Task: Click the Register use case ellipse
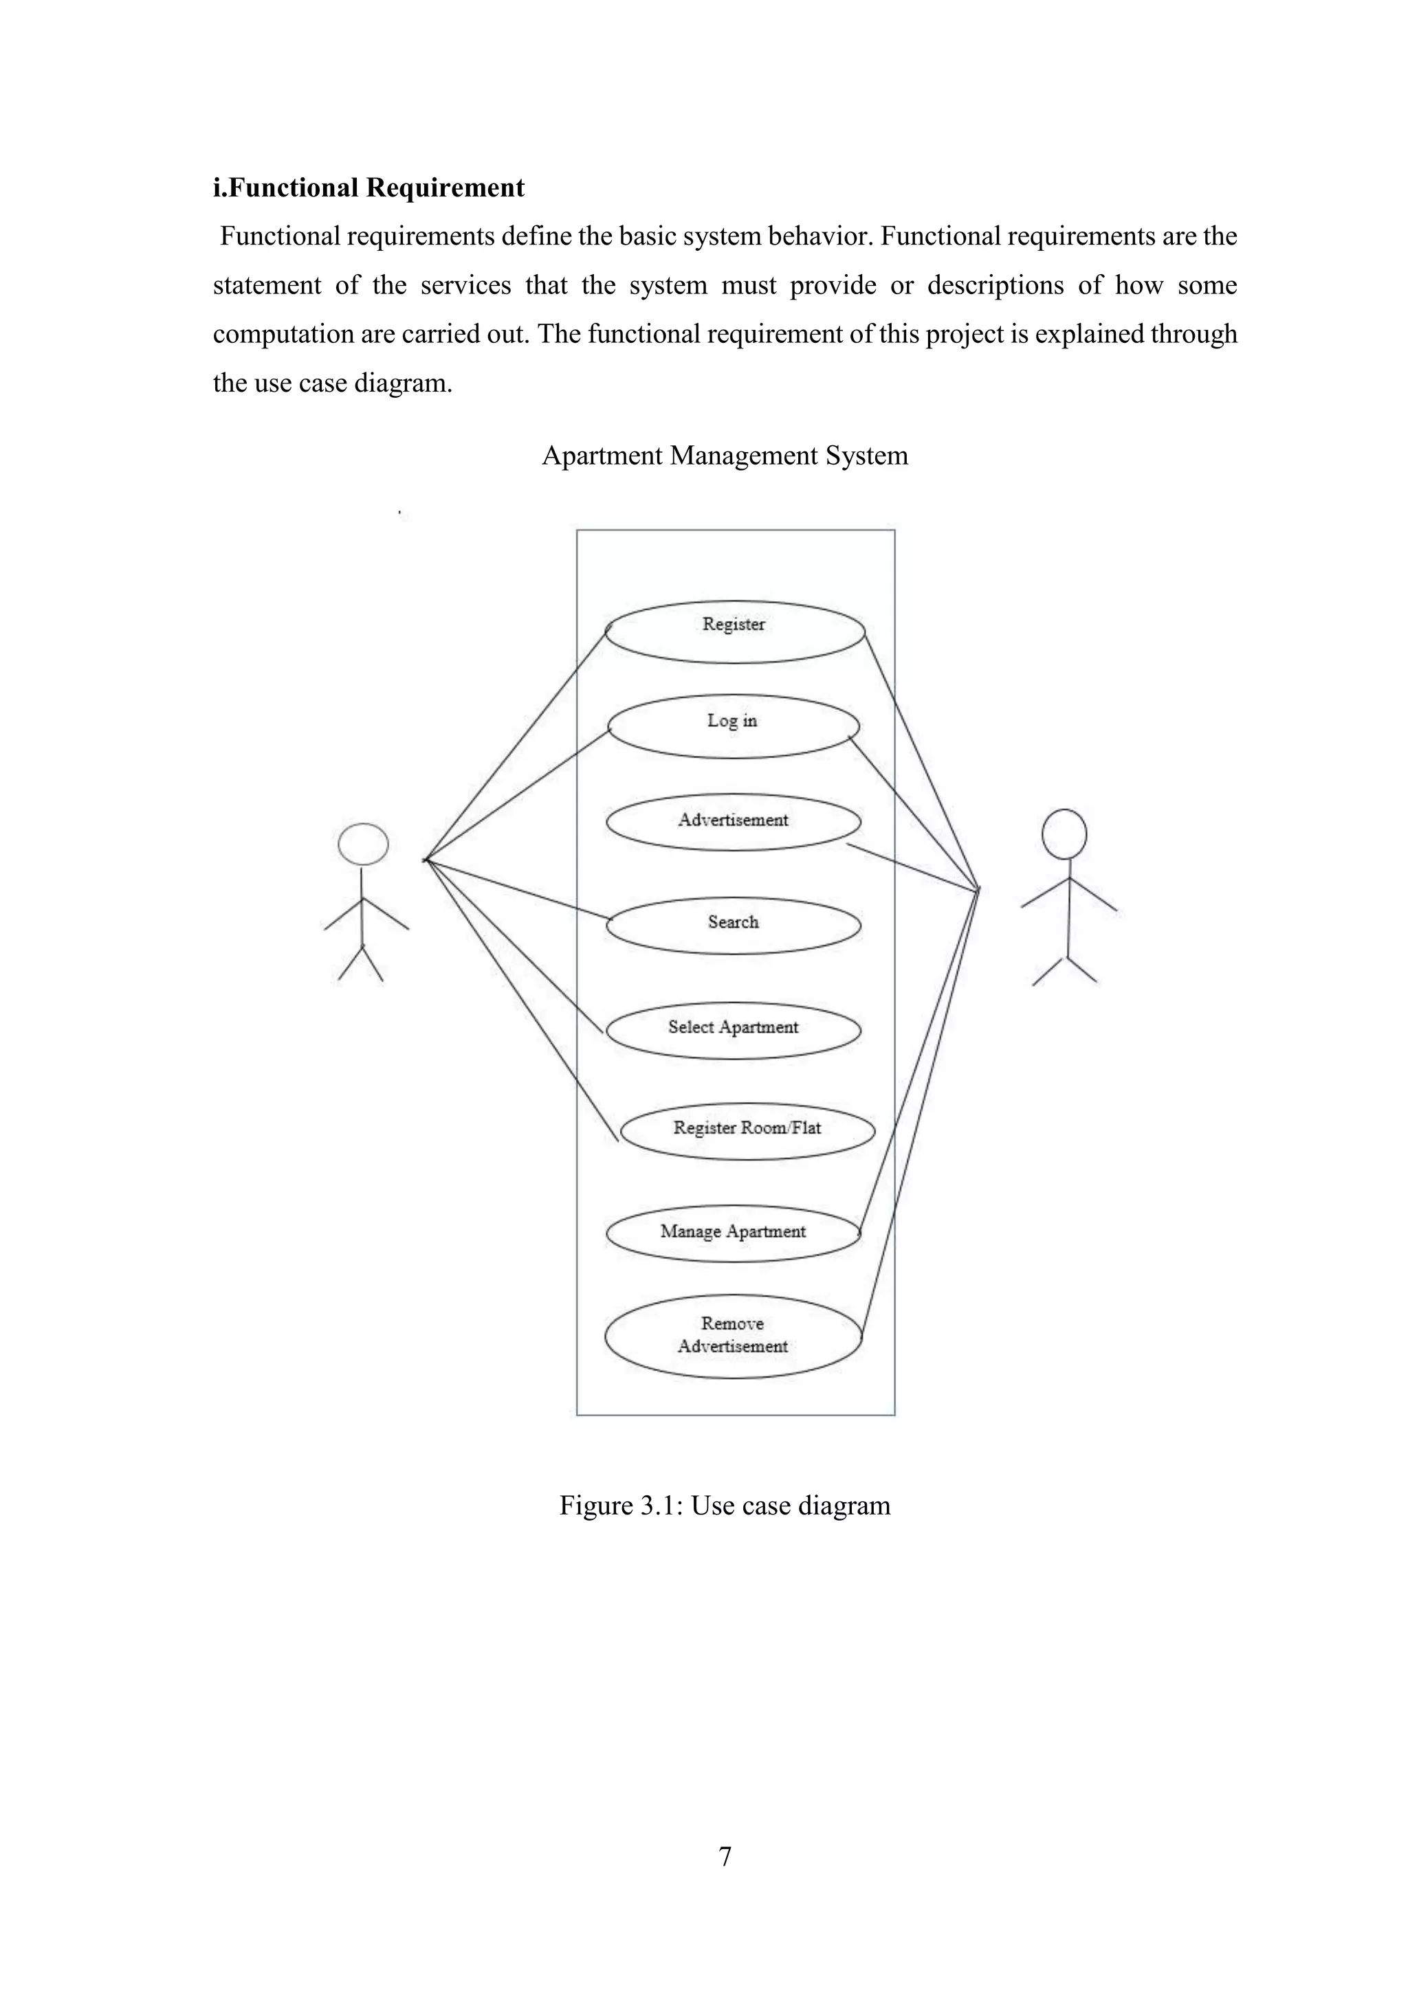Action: [734, 632]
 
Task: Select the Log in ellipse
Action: [733, 726]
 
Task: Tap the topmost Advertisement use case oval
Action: [733, 822]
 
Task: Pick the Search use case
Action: [733, 925]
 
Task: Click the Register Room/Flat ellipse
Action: [747, 1130]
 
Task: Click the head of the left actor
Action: [362, 845]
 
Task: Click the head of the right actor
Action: [1064, 834]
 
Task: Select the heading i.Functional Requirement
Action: [368, 188]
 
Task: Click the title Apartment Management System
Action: [725, 456]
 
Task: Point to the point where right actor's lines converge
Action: [978, 888]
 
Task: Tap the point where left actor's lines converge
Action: [425, 860]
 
